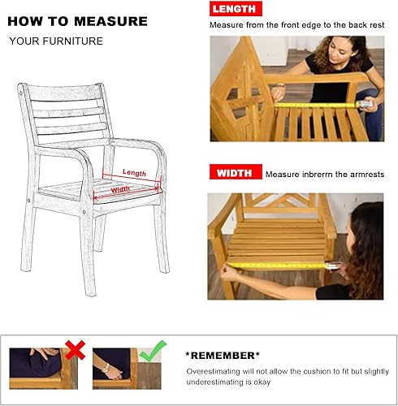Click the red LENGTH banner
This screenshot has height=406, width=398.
click(236, 10)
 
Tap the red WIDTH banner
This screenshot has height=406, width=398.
click(236, 172)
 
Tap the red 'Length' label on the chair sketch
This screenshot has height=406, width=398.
click(134, 172)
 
